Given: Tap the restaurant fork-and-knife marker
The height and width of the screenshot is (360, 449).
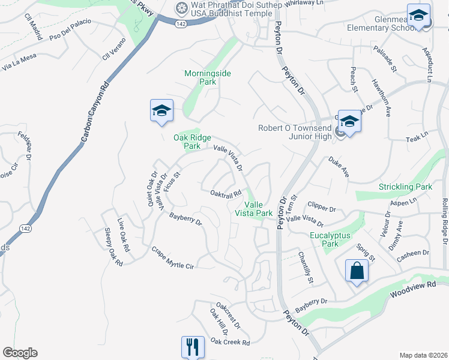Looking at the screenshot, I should [193, 347].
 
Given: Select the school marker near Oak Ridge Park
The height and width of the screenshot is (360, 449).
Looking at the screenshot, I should [161, 110].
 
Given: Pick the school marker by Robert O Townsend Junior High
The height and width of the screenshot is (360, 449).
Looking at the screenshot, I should [349, 121].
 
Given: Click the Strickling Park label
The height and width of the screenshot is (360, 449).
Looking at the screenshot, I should [405, 187].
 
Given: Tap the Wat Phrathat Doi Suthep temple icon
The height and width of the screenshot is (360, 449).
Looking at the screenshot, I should [181, 8].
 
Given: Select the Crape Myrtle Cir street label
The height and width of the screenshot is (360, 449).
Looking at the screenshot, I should [173, 257].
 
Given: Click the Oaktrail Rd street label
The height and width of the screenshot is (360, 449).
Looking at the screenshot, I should [226, 193].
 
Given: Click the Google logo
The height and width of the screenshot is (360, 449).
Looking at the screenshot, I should [20, 353].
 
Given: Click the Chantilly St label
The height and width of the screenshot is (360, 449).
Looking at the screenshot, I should [306, 268].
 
